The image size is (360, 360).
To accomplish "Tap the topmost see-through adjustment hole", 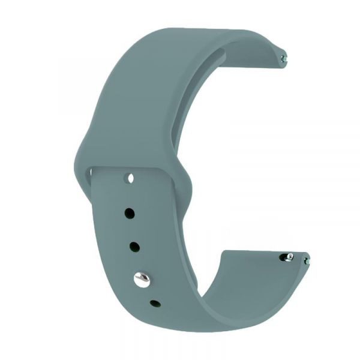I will point(128,178).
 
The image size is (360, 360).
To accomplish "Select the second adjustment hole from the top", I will point(128,212).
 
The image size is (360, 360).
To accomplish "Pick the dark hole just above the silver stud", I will point(134,247).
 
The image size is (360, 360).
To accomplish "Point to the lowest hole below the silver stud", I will point(155,304).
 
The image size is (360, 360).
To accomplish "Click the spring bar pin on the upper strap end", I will point(284,58).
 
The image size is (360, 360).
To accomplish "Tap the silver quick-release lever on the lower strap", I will point(289,257).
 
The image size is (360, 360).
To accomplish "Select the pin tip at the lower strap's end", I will point(307,261).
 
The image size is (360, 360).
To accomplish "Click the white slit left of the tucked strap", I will point(91,173).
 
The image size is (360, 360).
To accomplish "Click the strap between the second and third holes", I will point(131,229).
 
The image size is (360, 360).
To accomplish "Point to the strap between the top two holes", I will point(128,195).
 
